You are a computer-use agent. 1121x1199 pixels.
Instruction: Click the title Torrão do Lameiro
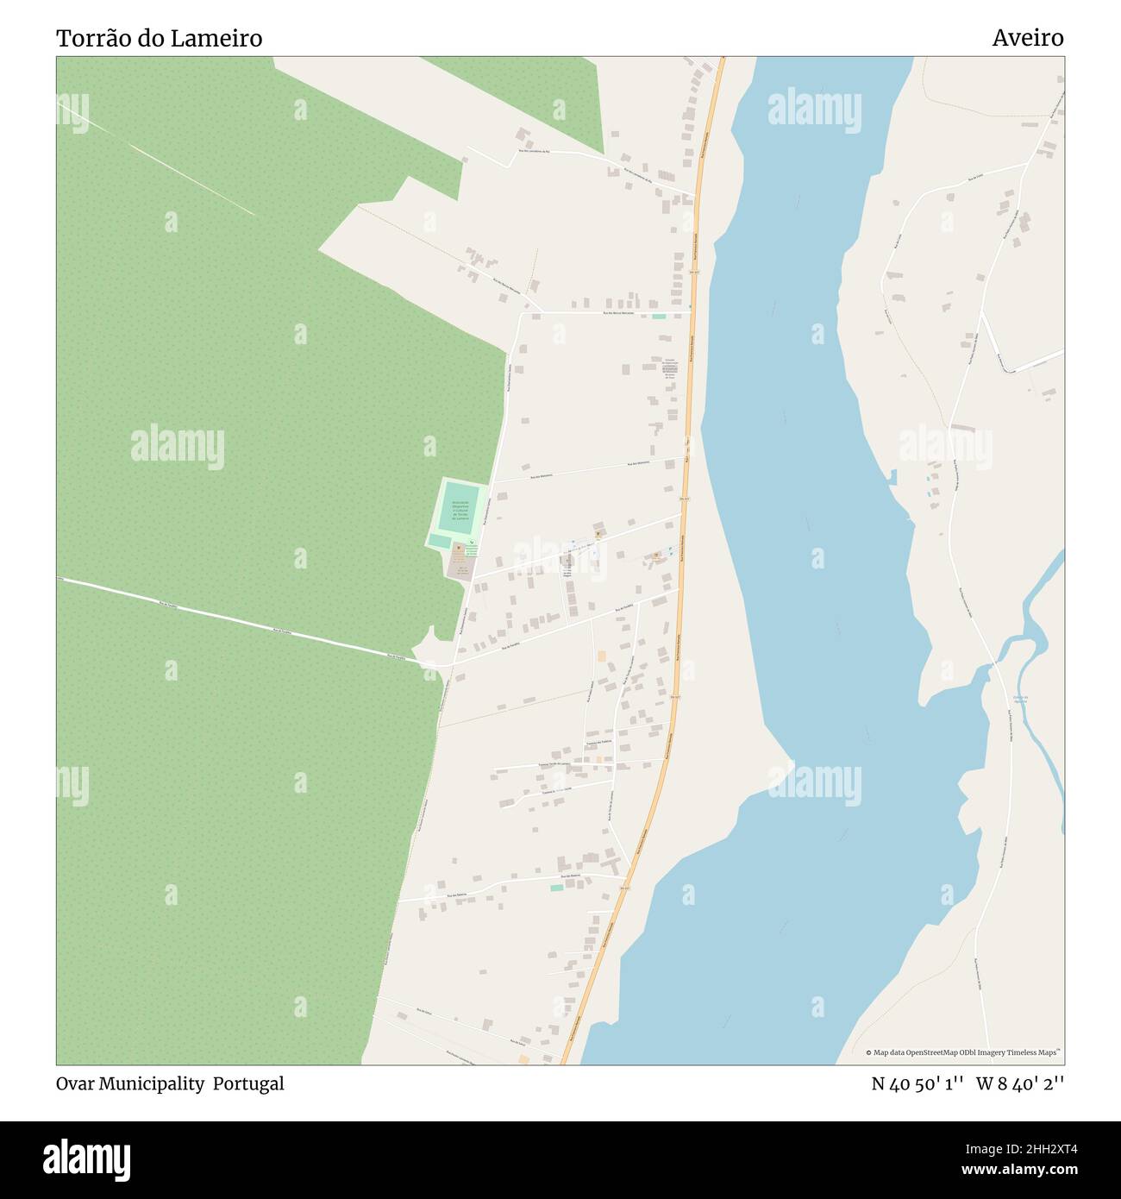click(159, 39)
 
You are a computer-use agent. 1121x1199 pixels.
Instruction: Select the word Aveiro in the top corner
click(1027, 38)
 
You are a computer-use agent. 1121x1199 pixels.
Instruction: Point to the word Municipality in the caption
click(151, 1083)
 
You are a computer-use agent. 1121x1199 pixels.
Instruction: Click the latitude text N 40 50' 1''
click(917, 1083)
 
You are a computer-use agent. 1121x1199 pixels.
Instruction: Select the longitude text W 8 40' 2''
click(1020, 1083)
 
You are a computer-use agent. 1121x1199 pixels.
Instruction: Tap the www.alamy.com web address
click(1013, 1170)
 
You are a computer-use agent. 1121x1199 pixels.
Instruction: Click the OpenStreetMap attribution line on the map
click(962, 1052)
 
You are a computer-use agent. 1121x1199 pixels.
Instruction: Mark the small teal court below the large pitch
click(439, 541)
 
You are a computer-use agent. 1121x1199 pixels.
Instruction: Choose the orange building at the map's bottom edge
click(523, 1058)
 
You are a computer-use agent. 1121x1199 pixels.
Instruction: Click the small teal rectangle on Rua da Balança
click(556, 888)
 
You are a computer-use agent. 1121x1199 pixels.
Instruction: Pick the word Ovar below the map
click(74, 1083)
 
